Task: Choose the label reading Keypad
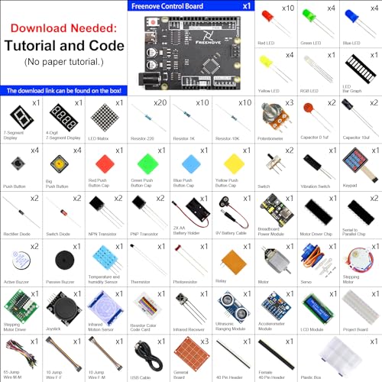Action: point(361,185)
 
